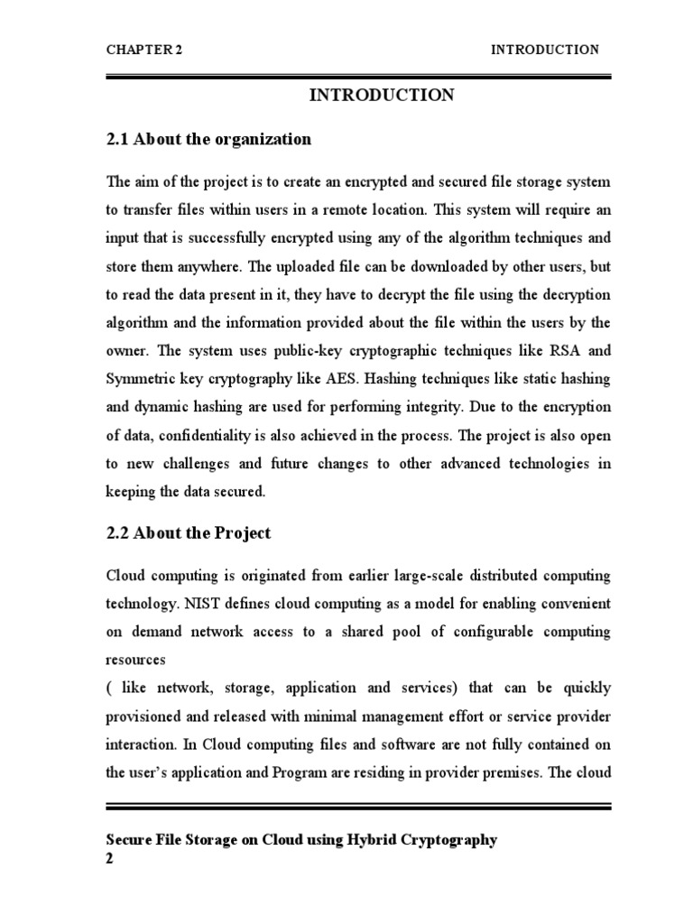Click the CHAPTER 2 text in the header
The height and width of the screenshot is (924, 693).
click(144, 51)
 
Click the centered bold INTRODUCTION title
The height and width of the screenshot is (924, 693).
click(382, 96)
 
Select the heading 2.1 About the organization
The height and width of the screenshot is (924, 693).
click(208, 140)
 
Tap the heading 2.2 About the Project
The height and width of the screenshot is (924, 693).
click(189, 533)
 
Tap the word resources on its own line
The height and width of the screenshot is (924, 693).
click(136, 660)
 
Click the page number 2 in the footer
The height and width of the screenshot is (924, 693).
click(110, 858)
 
